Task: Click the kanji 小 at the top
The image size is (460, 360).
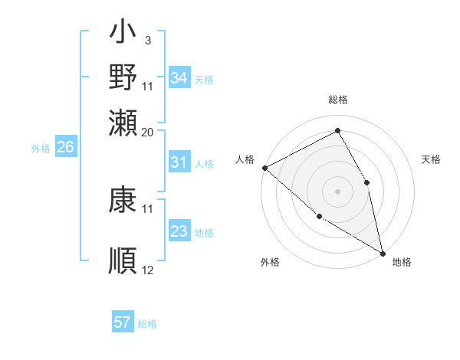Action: (123, 35)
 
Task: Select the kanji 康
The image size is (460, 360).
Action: (123, 201)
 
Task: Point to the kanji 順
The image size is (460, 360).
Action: (123, 260)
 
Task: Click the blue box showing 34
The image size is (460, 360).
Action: (179, 78)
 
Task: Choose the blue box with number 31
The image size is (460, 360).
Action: (179, 162)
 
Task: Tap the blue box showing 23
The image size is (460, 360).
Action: (179, 231)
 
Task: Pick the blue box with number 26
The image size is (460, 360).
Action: (65, 148)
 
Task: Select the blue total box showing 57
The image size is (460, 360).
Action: (123, 322)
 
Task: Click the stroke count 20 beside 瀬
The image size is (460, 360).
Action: (148, 132)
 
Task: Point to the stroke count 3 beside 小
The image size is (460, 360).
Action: (147, 39)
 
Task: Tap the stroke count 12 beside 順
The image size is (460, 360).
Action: (148, 270)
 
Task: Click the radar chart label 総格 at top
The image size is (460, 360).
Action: (337, 100)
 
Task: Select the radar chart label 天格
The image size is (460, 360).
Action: (432, 159)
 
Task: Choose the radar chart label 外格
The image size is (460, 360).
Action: (269, 262)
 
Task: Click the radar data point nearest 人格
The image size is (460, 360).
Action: (264, 168)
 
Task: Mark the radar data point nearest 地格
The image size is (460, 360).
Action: (383, 252)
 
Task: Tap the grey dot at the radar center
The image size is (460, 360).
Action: (337, 191)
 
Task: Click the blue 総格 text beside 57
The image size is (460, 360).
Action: (147, 324)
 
